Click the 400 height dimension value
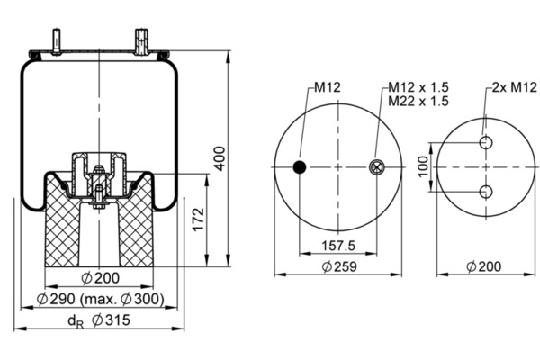(220, 158)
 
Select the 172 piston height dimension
(199, 220)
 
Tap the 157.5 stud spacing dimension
(338, 246)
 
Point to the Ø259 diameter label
(339, 266)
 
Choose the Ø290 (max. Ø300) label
(100, 299)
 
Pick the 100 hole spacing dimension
(423, 166)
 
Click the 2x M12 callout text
(515, 87)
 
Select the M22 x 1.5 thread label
(418, 102)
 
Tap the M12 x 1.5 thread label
(418, 87)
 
